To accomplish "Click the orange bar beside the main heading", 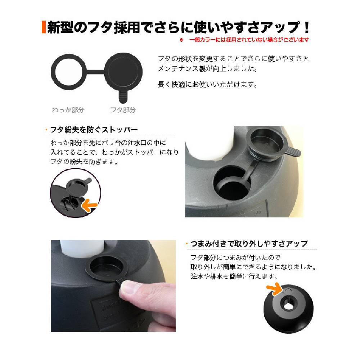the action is coord(44,27).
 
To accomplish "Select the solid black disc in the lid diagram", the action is coord(123,72).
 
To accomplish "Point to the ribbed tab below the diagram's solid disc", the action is coord(123,96).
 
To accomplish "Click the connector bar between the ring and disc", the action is coord(95,72).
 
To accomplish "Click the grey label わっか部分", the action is coord(68,110).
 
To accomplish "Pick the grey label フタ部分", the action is coord(123,110).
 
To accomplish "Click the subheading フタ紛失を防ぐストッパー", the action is coord(94,130).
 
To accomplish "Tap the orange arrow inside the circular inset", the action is coord(90,205).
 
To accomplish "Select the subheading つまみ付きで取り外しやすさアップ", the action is coord(249,243).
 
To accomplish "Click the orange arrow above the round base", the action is coord(275,289).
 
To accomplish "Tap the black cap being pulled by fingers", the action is coord(106,268).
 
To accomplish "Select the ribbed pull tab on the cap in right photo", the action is coord(293,151).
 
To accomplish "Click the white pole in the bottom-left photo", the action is coord(82,248).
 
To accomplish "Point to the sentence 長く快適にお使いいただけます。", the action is coord(208,85).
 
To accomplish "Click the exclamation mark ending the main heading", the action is coord(306,27).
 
